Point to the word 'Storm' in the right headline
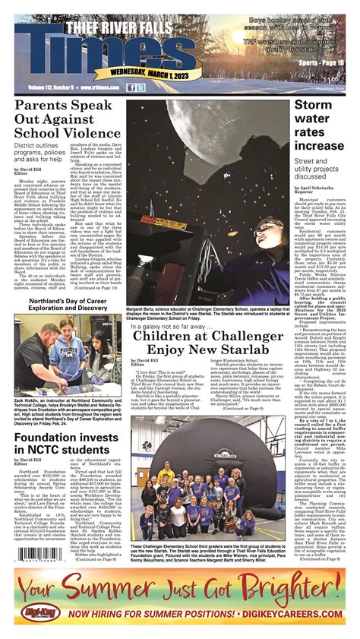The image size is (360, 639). pyautogui.click(x=313, y=108)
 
